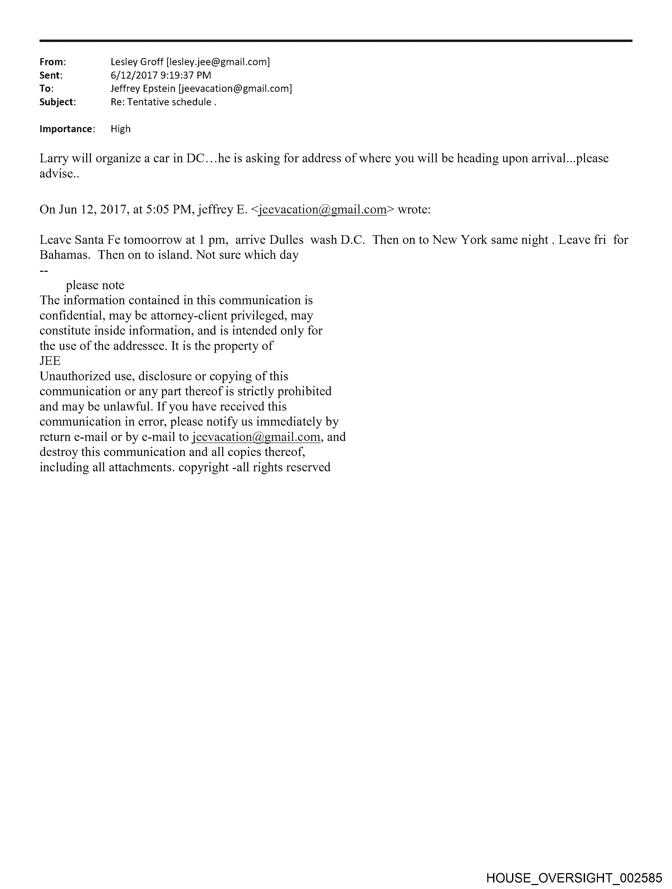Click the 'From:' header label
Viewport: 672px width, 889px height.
tap(52, 62)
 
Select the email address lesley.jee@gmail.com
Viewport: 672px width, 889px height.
tap(218, 62)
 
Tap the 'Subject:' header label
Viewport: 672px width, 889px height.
tap(57, 102)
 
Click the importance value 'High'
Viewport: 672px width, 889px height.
tap(120, 129)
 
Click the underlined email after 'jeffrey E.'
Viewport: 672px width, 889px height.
tap(322, 210)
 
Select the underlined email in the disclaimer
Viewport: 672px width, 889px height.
tap(256, 437)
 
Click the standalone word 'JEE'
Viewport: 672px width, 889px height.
tap(50, 361)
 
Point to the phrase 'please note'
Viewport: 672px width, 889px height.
tap(95, 285)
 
